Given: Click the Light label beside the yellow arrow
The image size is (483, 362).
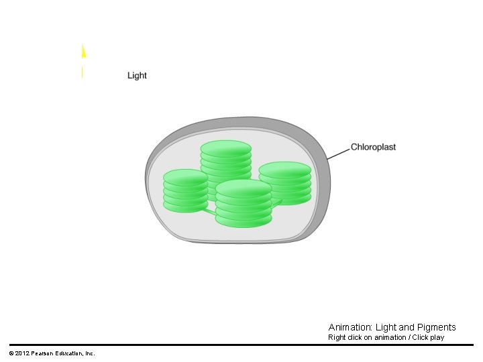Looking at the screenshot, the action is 137,76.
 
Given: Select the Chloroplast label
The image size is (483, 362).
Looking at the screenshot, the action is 374,147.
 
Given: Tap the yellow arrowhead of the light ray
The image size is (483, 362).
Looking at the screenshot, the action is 83,52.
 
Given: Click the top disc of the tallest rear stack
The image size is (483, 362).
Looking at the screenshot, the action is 226,148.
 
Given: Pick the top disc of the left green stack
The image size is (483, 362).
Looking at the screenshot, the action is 186,177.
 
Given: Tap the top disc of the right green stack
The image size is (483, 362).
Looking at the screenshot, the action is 285,170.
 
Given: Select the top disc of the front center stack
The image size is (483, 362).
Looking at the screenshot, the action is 244,187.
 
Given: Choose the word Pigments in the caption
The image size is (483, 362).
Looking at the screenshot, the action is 437,327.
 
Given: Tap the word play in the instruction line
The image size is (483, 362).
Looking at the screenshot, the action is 437,338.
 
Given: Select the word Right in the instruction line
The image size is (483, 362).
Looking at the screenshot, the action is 337,337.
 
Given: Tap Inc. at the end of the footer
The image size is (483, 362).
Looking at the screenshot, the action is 90,353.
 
